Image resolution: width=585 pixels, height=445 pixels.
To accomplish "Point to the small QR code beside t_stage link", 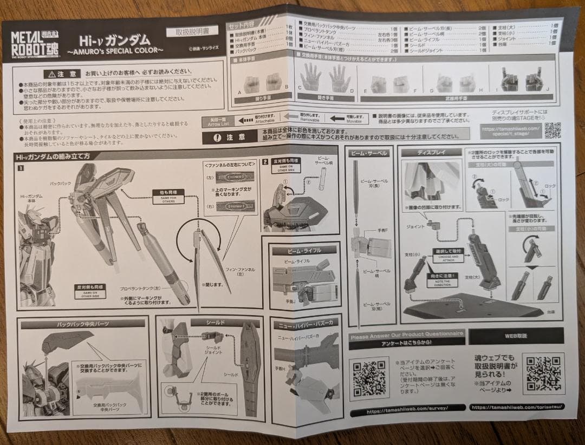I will (x=552, y=130).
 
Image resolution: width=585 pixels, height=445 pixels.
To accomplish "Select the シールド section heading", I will (x=215, y=322).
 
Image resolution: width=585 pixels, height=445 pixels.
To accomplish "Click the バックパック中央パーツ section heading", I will (x=82, y=323).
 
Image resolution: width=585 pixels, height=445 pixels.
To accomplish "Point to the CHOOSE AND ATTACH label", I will (x=448, y=254).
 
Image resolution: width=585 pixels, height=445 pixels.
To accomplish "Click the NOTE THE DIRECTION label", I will (x=447, y=276).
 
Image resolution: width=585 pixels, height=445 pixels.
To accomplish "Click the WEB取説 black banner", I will (x=515, y=336).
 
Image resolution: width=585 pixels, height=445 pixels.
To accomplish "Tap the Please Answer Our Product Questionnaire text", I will (x=406, y=334).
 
